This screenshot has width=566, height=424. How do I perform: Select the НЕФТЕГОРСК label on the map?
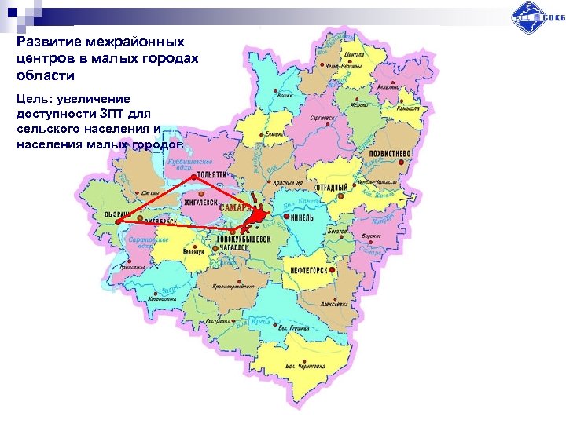(310, 268)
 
